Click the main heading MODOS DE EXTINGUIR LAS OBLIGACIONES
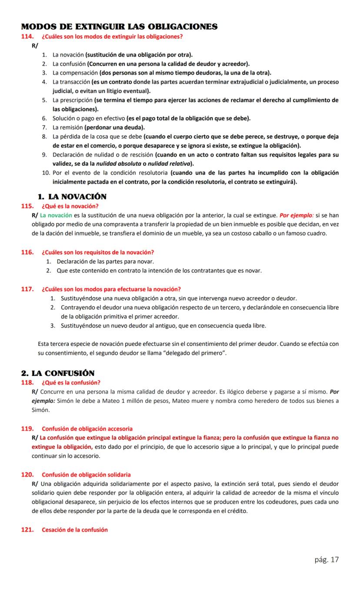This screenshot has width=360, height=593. point(120,27)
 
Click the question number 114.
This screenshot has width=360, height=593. point(27,37)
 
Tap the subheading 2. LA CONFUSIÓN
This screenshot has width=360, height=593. point(58,373)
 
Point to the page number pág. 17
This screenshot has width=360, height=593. point(327,559)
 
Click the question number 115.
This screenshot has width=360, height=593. point(27,206)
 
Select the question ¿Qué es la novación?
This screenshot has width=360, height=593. point(70,206)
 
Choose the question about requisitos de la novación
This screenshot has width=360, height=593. point(98,252)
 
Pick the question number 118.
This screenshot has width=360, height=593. point(27,382)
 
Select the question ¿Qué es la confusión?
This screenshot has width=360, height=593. point(71,382)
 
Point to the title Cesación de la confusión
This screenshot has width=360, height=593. point(75,529)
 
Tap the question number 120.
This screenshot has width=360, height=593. point(27,474)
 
